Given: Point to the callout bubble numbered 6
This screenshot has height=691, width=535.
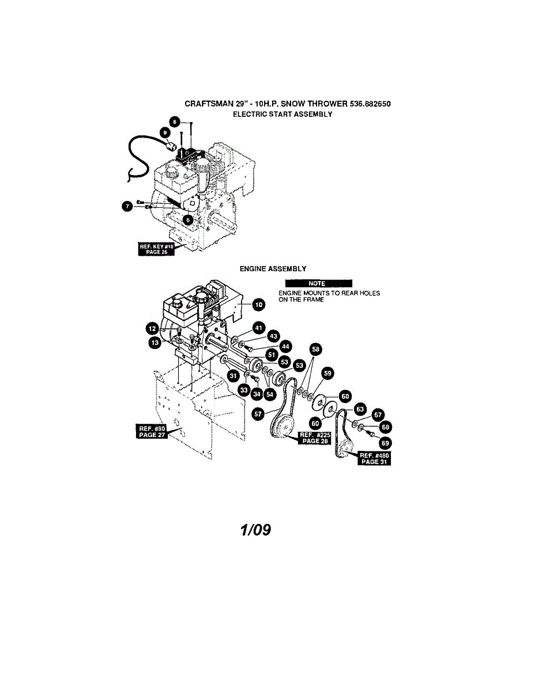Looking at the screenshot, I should click(187, 219).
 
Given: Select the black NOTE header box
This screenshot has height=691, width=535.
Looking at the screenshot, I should click(318, 283).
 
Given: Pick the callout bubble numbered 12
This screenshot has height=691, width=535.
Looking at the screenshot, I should click(152, 328).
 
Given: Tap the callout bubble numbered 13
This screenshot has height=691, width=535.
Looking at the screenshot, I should click(155, 343).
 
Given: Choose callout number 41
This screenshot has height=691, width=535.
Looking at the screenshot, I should click(259, 328).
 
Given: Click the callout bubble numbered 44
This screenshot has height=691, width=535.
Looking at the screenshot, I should click(285, 346).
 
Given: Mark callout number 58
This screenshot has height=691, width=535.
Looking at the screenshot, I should click(316, 349).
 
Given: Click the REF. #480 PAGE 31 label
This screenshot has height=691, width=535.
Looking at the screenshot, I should click(375, 458).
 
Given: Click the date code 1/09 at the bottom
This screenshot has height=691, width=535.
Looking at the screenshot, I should click(255, 530).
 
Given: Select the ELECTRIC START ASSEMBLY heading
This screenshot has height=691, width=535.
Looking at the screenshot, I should click(282, 114).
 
